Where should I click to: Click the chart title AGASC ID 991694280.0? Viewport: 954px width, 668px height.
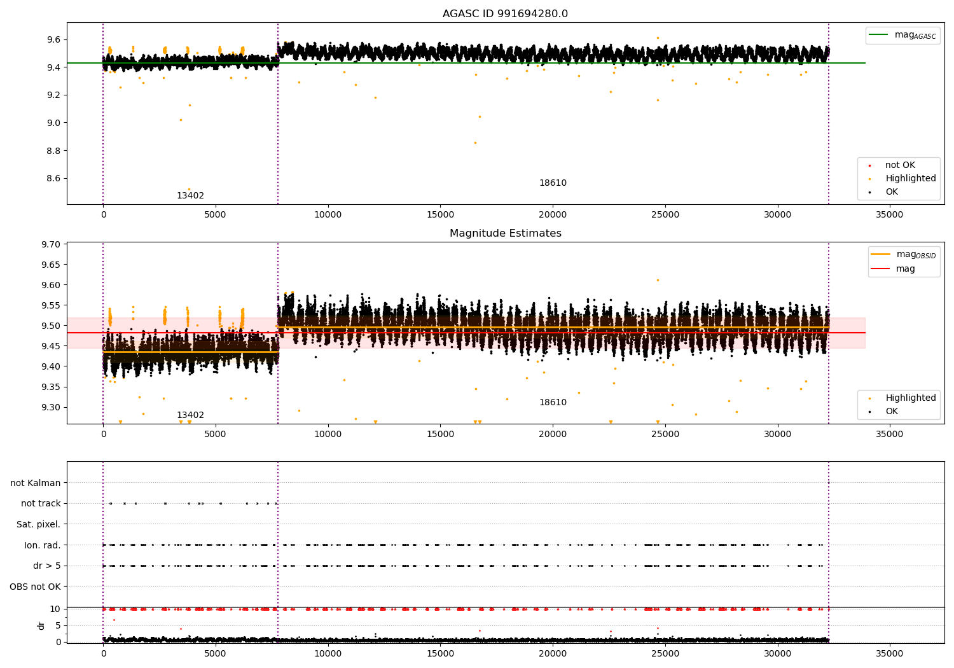click(505, 14)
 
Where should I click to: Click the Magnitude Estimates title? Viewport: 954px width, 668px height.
click(505, 233)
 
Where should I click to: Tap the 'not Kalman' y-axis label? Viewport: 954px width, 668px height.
click(36, 483)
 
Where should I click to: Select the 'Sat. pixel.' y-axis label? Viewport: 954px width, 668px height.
click(38, 524)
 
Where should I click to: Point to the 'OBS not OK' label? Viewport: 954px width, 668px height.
click(35, 587)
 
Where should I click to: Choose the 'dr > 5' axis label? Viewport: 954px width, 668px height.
click(46, 566)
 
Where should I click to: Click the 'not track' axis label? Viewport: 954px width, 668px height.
click(41, 503)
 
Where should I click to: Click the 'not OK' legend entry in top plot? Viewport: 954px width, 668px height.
click(900, 165)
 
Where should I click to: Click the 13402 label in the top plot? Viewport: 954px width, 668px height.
click(190, 195)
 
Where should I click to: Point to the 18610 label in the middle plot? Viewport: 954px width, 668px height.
click(553, 402)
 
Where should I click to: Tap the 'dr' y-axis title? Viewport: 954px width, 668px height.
click(41, 625)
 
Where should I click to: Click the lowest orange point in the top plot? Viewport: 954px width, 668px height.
click(189, 189)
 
